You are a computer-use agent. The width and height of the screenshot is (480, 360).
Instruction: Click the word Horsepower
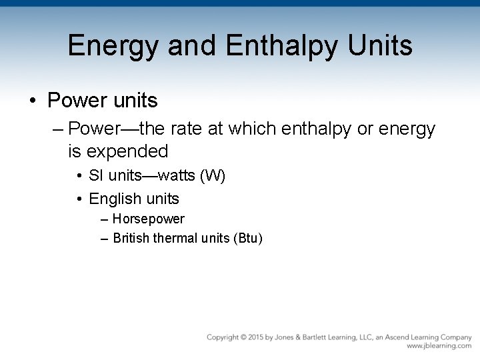click(149, 219)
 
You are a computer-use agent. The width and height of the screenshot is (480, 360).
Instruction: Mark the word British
click(132, 237)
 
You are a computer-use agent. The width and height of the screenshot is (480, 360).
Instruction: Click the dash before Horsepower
click(105, 219)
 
